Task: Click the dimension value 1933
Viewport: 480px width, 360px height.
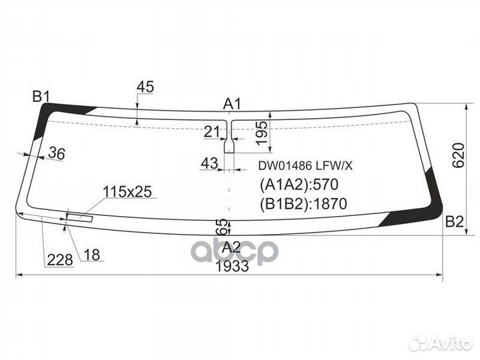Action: tap(232, 265)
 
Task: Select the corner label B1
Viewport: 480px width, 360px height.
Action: tap(41, 97)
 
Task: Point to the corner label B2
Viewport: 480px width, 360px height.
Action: tap(454, 223)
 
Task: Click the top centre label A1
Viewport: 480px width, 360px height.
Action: tap(232, 104)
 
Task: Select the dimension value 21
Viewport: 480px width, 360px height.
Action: tap(212, 131)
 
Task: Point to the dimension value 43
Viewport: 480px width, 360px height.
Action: tap(209, 163)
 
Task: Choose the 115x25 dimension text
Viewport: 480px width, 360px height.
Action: tap(127, 192)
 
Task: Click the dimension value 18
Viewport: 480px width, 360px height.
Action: tap(92, 255)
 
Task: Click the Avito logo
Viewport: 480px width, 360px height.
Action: tap(439, 343)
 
